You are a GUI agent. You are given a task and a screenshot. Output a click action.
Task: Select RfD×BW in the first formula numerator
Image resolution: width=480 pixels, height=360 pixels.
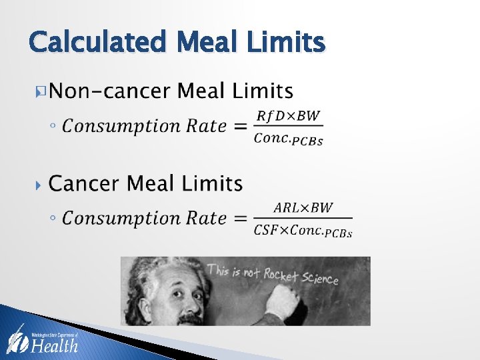point(289,116)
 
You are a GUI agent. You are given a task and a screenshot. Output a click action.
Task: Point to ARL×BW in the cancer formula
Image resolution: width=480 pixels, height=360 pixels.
point(303,207)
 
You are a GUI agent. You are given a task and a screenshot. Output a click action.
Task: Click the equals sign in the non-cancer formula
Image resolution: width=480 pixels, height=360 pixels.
point(241,127)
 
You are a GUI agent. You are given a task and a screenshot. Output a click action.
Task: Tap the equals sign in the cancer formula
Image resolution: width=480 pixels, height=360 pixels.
point(241,219)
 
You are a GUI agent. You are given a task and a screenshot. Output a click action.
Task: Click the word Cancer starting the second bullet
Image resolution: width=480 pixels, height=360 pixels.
point(83,183)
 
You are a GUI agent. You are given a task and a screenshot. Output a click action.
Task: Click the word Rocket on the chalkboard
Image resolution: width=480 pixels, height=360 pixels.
point(281,273)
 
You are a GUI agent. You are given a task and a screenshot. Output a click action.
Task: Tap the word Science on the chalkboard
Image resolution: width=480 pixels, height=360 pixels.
point(319,277)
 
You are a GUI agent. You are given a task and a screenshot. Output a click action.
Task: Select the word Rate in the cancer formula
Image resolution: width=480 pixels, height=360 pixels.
point(204,219)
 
